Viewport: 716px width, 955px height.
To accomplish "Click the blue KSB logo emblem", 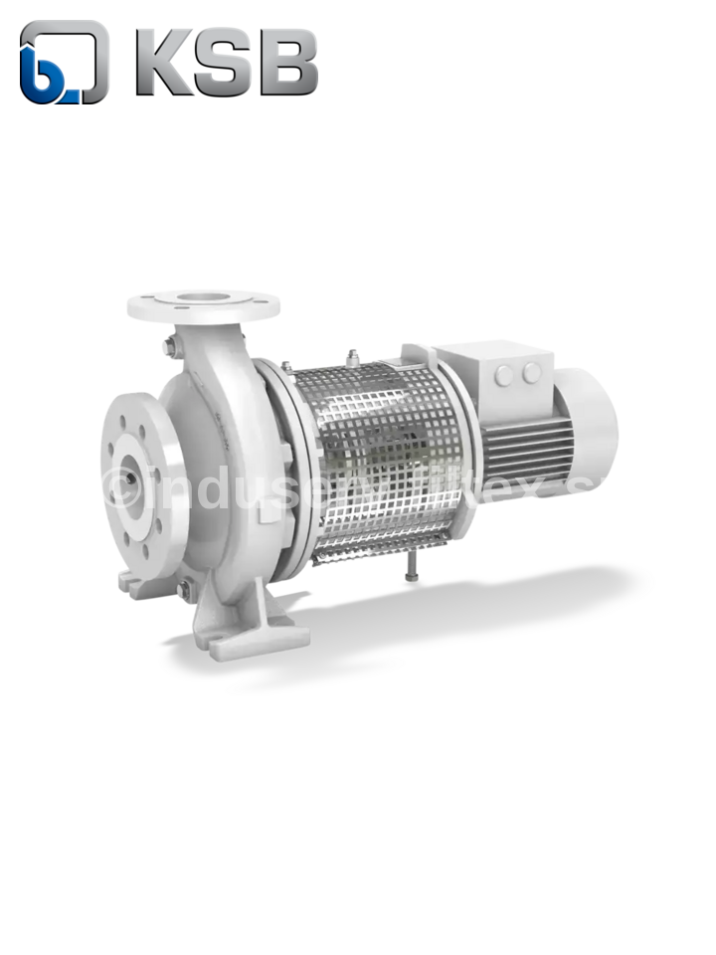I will (x=63, y=63).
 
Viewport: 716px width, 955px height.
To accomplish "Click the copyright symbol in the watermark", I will (x=121, y=486).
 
